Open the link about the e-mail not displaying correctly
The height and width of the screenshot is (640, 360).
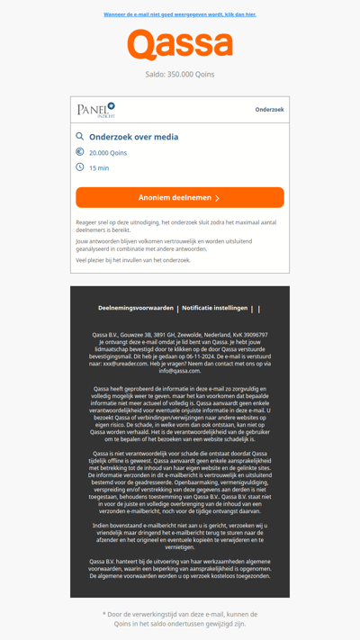[180, 14]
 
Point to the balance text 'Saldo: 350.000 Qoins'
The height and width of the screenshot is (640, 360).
[180, 75]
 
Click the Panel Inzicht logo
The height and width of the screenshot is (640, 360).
[96, 110]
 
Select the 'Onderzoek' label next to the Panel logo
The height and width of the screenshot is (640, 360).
[269, 110]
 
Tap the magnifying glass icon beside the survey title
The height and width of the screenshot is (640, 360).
[80, 137]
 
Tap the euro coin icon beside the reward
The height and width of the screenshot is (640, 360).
[80, 152]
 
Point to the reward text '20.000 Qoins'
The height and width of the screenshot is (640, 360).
[108, 153]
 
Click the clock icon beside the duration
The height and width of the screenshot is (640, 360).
[80, 167]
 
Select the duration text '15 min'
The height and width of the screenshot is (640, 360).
[99, 168]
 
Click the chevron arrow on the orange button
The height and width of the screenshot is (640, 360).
[217, 198]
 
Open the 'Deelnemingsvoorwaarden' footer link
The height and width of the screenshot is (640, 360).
[136, 308]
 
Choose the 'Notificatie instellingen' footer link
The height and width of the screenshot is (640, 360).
[214, 308]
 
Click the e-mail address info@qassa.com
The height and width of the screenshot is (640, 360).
[180, 371]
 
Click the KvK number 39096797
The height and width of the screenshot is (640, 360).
[249, 335]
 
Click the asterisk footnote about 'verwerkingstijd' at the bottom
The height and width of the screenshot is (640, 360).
[180, 618]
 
